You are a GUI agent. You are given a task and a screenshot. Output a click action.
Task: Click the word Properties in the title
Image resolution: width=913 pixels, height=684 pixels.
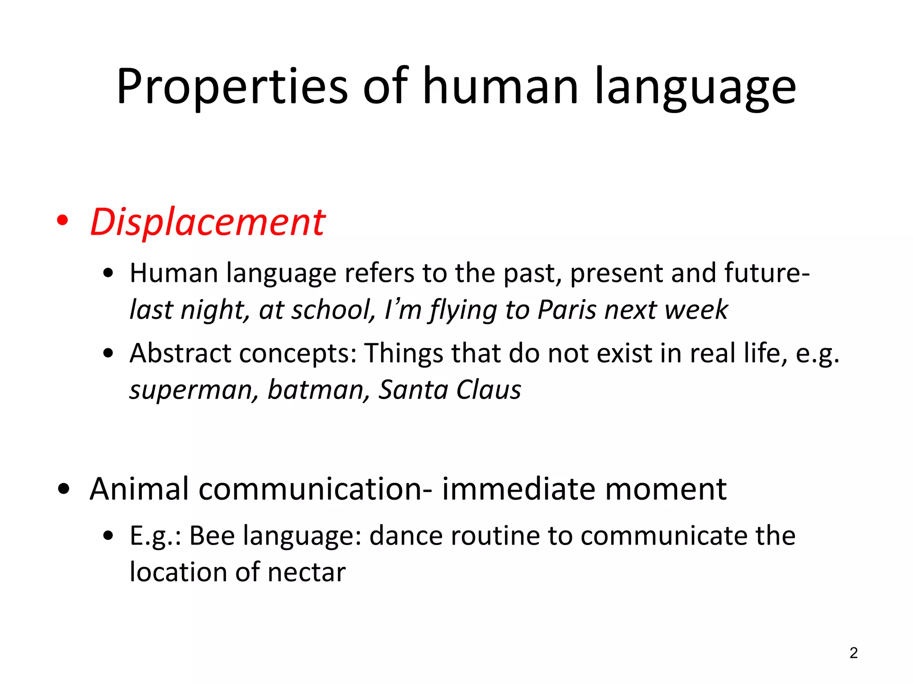tap(232, 87)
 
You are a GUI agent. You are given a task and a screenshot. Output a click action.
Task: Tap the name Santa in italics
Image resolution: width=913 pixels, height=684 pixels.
tap(413, 390)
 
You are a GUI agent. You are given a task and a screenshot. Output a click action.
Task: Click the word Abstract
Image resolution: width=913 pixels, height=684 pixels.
tap(181, 353)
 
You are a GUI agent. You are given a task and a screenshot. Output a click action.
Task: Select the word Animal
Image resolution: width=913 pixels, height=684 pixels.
tap(140, 489)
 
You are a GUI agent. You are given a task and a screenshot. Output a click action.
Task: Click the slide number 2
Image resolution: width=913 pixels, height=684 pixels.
tap(853, 653)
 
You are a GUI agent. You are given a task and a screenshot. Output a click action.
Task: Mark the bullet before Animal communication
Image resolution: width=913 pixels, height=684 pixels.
tap(64, 489)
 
